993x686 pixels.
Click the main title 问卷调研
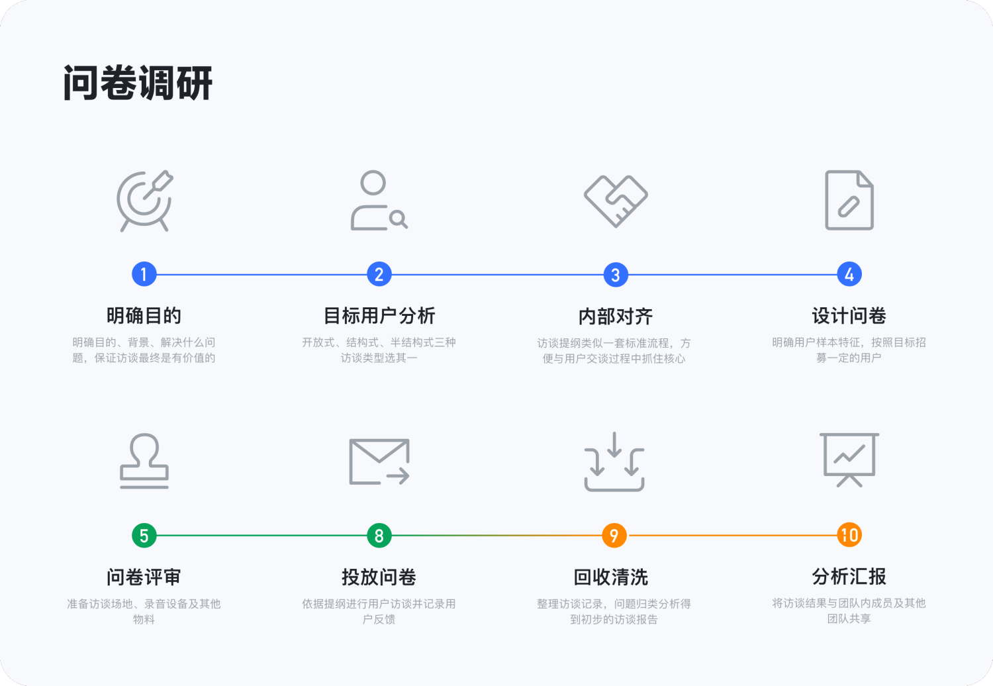tap(138, 83)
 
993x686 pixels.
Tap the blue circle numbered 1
tap(144, 274)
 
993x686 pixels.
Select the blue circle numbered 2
tap(379, 274)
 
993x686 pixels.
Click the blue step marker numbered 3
tap(616, 275)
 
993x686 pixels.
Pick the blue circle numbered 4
tap(849, 274)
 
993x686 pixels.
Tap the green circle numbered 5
tap(144, 536)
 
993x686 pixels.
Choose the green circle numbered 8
tap(379, 536)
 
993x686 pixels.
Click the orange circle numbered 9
tap(614, 536)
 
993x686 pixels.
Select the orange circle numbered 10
tap(849, 535)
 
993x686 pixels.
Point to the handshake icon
tap(616, 201)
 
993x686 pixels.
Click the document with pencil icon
tap(849, 200)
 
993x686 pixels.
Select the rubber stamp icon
tap(144, 461)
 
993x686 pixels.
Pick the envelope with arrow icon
tap(379, 462)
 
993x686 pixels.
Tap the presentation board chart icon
tap(849, 460)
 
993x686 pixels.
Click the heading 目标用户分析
tap(379, 316)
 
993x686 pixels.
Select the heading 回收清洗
tap(611, 577)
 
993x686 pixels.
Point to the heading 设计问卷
tap(849, 316)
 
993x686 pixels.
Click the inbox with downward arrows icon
tap(614, 462)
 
